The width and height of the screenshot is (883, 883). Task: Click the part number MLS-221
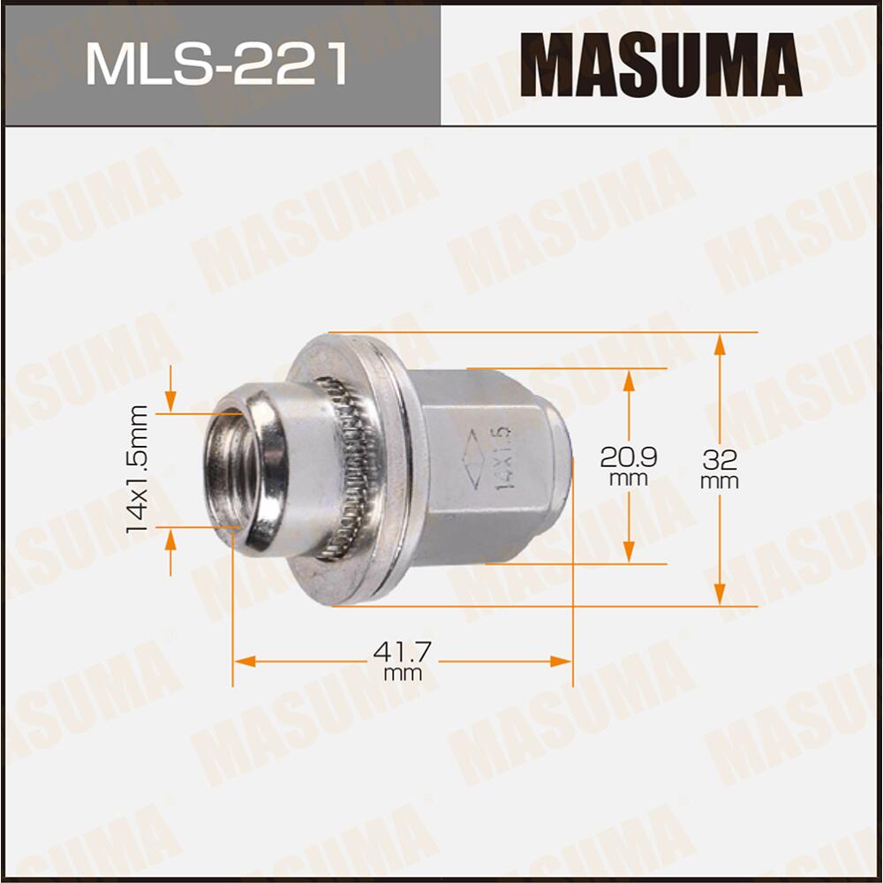215,67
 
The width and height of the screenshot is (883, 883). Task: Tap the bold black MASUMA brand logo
660,65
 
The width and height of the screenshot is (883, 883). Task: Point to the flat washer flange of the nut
389,468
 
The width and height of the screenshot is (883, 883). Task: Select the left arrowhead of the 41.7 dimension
244,661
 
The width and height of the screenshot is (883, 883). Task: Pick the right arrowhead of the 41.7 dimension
562,661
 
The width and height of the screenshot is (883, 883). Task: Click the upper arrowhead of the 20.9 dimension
629,380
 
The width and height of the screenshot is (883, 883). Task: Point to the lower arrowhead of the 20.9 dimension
629,552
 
